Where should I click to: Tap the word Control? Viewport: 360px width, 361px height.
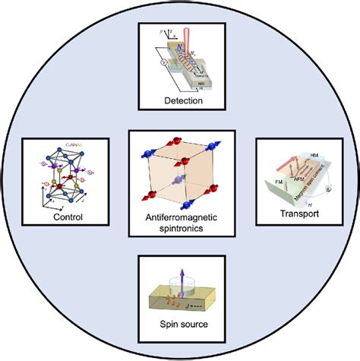pos(58,216)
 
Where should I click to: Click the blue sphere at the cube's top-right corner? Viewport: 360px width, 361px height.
pos(208,147)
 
